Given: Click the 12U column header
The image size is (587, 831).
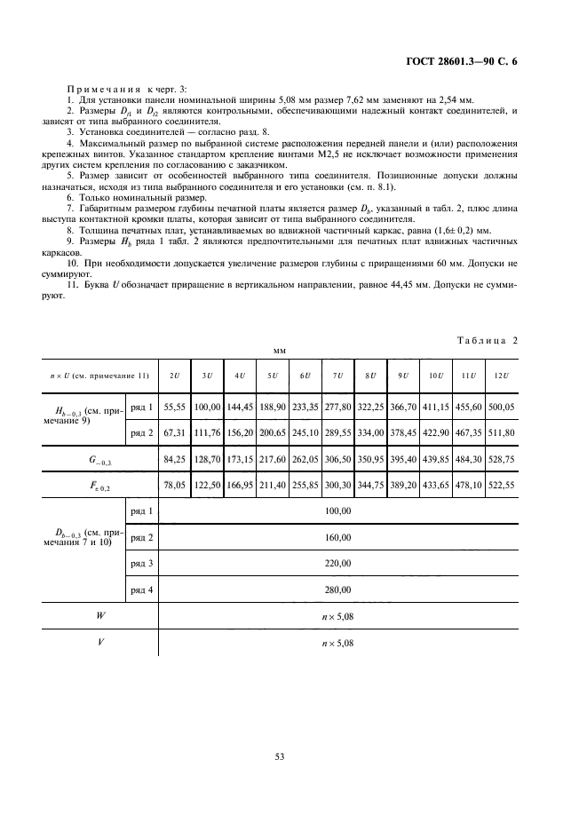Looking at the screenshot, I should (x=501, y=376).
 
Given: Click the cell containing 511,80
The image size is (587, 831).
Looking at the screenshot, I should (x=501, y=432).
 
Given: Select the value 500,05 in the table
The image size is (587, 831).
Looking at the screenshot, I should (x=501, y=407).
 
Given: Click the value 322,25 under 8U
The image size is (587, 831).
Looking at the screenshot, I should (x=370, y=407).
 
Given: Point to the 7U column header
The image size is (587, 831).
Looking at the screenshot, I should (x=337, y=376).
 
